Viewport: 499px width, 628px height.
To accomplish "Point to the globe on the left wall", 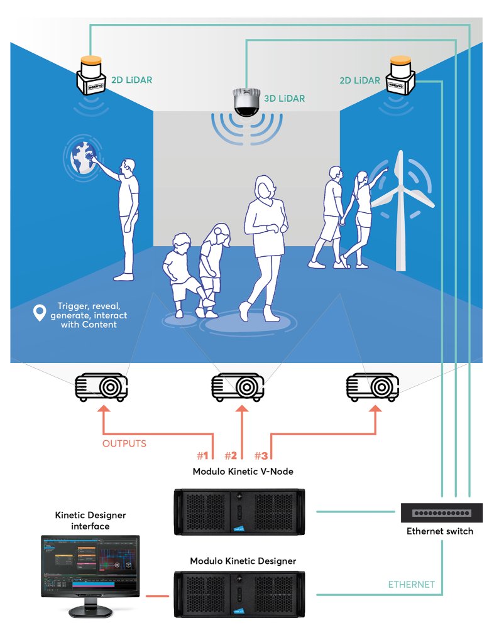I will click(x=82, y=158).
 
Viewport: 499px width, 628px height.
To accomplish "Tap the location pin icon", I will click(x=41, y=311).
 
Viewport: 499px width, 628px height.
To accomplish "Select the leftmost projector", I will click(x=101, y=387).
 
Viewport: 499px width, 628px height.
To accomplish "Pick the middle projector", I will click(x=238, y=387).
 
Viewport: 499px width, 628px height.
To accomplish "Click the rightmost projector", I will click(x=373, y=387).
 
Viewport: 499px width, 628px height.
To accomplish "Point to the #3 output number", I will click(x=261, y=455).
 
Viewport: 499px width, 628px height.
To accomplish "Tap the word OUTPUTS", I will click(x=124, y=443).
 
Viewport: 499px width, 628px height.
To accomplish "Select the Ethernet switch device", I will click(x=442, y=513).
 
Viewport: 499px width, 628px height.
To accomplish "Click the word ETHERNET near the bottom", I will click(x=411, y=584).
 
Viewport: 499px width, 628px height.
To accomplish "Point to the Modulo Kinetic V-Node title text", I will click(x=243, y=471).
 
